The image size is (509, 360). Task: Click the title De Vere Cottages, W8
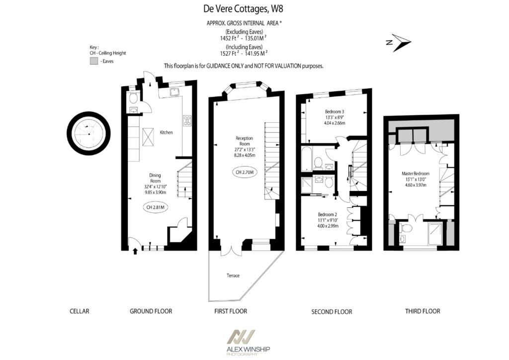[x=243, y=9]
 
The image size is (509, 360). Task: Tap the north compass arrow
[x=401, y=43]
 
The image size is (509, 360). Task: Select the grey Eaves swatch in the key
[x=94, y=61]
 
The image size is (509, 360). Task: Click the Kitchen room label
[x=166, y=132]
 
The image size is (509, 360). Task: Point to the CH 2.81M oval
[x=156, y=207]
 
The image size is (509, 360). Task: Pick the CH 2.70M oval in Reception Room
[x=245, y=172]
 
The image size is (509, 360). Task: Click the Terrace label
[x=233, y=275]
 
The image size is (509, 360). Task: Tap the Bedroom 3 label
[x=335, y=112]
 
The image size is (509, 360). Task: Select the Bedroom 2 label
[x=327, y=215]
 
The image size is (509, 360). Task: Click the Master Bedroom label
[x=416, y=174]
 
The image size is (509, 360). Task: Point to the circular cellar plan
[x=88, y=133]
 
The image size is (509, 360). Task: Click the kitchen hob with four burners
[x=187, y=120]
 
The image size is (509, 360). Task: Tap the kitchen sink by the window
[x=174, y=92]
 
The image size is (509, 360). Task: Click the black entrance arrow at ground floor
[x=135, y=251]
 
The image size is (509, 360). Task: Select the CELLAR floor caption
[x=79, y=311]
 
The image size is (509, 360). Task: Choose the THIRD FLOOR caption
[x=423, y=311]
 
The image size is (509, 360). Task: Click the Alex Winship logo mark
[x=241, y=338]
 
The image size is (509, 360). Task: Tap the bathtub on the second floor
[x=307, y=159]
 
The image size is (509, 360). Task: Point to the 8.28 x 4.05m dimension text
[x=245, y=155]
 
